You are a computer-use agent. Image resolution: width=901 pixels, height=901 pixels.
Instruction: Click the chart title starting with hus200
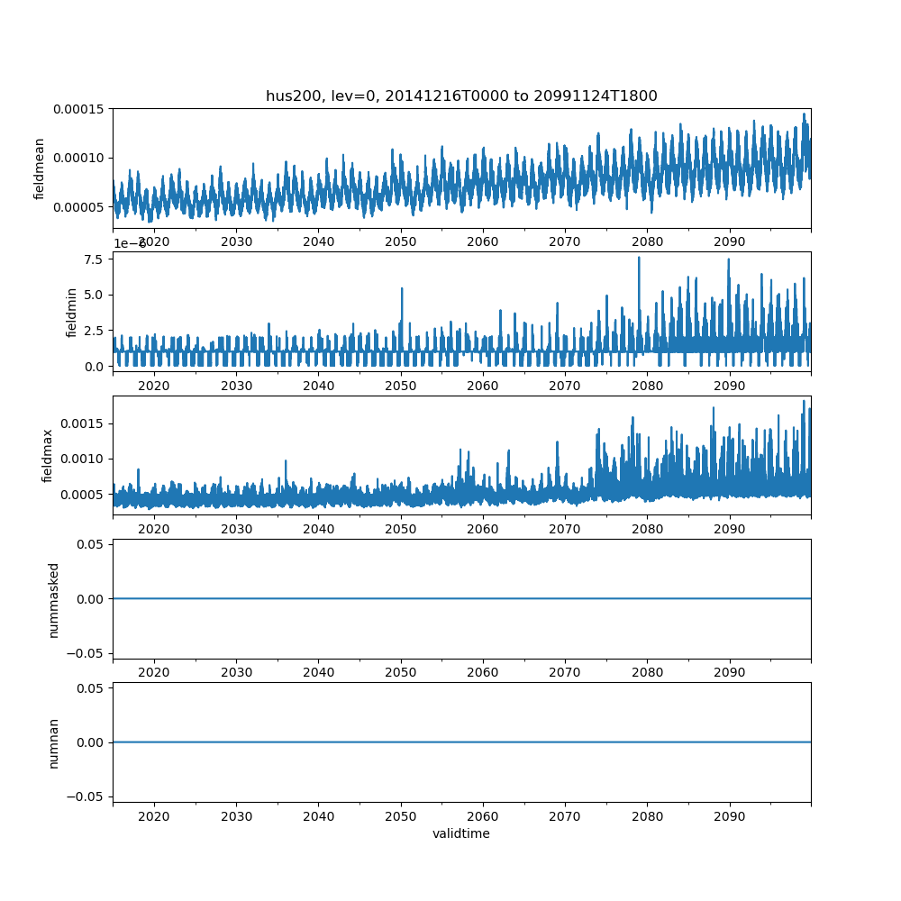[461, 96]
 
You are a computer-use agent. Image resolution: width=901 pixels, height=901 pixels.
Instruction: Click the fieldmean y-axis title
[40, 168]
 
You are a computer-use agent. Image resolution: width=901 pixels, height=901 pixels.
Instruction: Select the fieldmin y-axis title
[72, 312]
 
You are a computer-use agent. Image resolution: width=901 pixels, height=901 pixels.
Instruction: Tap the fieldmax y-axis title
[47, 455]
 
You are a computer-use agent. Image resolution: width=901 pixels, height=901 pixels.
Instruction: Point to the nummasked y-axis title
[53, 599]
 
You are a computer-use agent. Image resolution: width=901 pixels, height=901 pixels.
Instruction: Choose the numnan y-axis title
[53, 742]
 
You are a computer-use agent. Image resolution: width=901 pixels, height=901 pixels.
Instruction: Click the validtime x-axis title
[461, 834]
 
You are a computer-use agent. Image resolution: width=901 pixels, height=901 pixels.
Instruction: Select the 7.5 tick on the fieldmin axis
[94, 259]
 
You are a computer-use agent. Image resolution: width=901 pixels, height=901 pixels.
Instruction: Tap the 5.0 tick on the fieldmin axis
[94, 295]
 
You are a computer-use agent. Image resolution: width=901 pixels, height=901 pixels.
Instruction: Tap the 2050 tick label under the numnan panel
[401, 816]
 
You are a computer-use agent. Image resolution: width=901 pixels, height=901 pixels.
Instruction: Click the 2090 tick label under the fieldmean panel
[730, 241]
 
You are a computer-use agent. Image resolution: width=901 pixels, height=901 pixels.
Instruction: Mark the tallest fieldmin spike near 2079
[639, 258]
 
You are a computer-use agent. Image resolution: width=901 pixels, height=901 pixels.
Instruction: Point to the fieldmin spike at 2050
[402, 288]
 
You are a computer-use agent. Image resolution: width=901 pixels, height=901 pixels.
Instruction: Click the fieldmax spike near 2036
[286, 461]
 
